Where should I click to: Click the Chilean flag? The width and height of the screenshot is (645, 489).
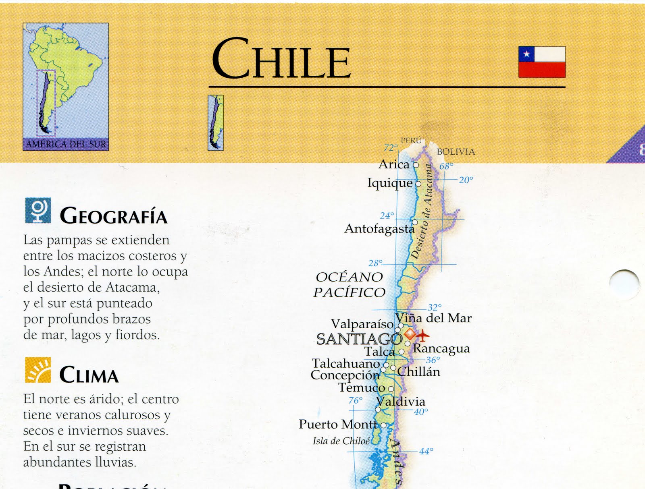coord(541,62)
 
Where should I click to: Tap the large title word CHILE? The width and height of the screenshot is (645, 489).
coord(281,58)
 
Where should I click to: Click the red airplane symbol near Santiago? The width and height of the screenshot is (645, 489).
coord(423,335)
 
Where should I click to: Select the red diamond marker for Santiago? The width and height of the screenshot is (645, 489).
coord(410,334)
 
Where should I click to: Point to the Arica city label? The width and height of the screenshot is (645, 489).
coord(393,164)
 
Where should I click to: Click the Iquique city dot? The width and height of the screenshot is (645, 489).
coord(418,184)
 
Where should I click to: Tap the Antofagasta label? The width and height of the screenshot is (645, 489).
coord(379,229)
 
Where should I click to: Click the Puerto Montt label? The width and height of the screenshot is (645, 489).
coord(338,424)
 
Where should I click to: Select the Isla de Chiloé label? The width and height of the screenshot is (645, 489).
coord(341,441)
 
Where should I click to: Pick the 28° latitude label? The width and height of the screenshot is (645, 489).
coord(375,263)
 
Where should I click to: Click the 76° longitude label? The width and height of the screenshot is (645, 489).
coord(355,400)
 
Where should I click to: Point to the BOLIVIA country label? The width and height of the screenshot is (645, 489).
coord(456,152)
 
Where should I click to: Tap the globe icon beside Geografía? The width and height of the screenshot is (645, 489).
coord(38,210)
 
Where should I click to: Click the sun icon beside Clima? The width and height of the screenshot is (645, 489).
coord(38,370)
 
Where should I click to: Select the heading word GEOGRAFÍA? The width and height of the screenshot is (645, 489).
coord(113,216)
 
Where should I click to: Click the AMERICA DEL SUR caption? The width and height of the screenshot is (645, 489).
coord(66,144)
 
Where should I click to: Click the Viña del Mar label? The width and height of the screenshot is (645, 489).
coord(433,318)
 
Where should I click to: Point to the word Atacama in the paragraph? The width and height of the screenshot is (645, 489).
coord(131,287)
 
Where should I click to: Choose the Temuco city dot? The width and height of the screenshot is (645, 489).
coord(391,389)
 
